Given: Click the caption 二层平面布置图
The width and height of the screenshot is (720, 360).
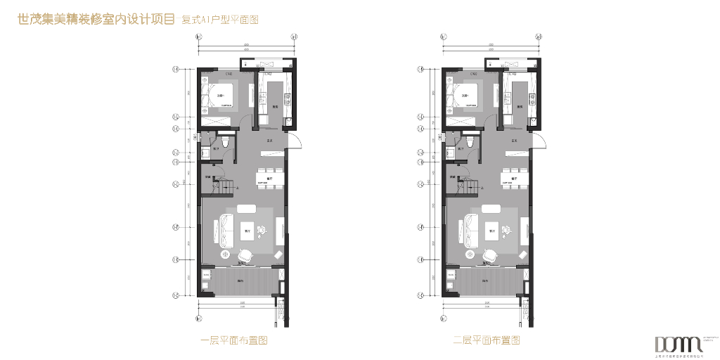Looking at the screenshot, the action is point(487,341).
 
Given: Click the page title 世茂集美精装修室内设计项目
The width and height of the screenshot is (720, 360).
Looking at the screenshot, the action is point(96,20).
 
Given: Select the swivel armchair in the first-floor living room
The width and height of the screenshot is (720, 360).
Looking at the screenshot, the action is point(245,255).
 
